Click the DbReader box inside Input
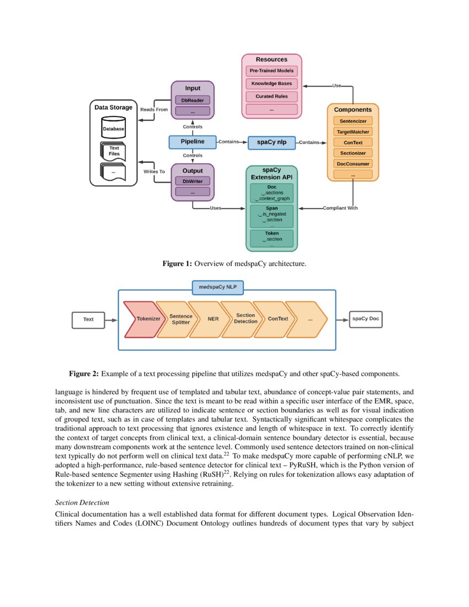click(x=193, y=100)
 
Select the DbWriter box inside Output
click(x=193, y=181)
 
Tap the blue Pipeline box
click(x=193, y=142)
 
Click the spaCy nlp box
click(x=271, y=142)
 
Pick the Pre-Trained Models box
click(x=271, y=71)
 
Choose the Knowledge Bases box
click(x=271, y=84)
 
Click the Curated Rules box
click(x=271, y=97)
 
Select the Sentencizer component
click(x=353, y=121)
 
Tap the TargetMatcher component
click(x=353, y=131)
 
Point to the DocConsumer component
click(x=353, y=163)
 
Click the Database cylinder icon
click(x=113, y=128)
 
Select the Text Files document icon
click(x=113, y=151)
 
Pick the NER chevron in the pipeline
click(x=213, y=319)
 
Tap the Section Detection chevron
click(x=246, y=319)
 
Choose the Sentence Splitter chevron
click(x=180, y=319)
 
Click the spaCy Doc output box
click(x=365, y=319)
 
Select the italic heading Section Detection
click(x=82, y=503)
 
